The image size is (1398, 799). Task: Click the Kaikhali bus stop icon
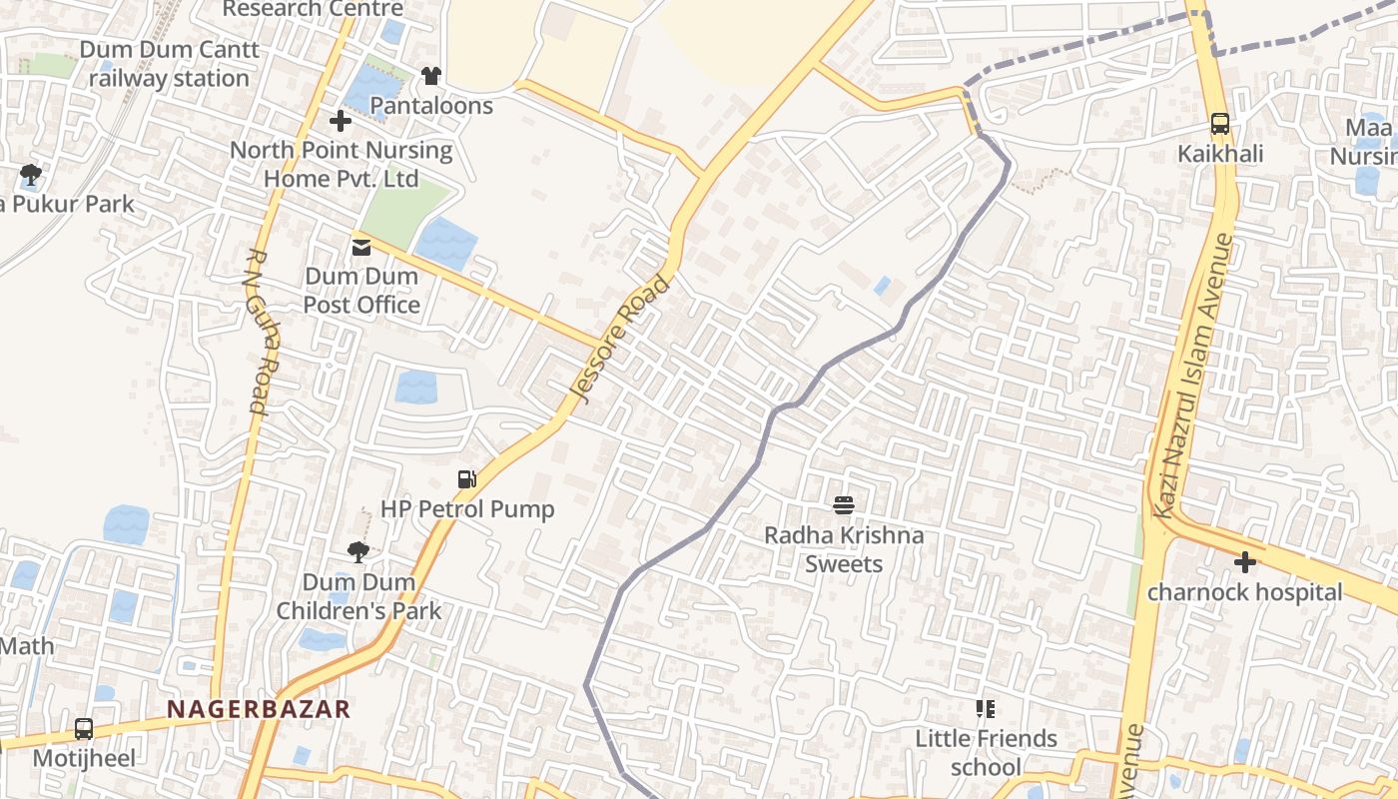point(1219,124)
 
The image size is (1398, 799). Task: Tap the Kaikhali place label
point(1219,154)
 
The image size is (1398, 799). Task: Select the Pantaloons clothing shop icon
point(431,75)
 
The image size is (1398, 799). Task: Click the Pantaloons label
point(431,105)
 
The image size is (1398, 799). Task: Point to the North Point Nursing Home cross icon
point(341,121)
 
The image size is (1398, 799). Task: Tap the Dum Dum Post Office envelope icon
point(360,247)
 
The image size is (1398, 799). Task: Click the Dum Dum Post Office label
point(361,290)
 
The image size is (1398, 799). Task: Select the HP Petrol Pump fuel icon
point(466,479)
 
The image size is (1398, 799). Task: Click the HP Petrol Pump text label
point(466,509)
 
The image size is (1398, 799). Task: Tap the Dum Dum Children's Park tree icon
point(357,551)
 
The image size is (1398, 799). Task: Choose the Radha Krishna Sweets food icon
point(844,505)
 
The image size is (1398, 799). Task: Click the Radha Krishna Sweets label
point(844,549)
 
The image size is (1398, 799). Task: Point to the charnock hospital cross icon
point(1244,562)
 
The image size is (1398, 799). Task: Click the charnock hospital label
point(1244,592)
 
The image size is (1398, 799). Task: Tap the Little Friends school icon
point(986,709)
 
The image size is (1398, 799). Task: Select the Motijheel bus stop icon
point(84,729)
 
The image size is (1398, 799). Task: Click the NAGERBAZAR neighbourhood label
point(258,709)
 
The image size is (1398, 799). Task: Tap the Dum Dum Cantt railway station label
point(169,63)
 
